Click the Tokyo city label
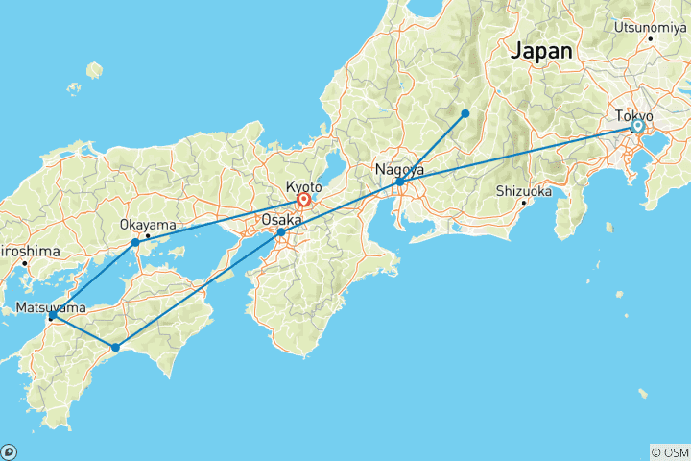tap(634, 115)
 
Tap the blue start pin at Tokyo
tap(637, 126)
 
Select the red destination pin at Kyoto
tap(303, 200)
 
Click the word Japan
tap(542, 51)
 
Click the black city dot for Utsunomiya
tap(650, 38)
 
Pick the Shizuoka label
tap(523, 190)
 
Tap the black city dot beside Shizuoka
tap(523, 203)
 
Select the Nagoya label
tap(399, 170)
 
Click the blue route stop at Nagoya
tap(399, 182)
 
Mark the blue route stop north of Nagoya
tap(465, 113)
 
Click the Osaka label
tap(281, 220)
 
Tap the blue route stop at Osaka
tap(280, 232)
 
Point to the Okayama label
tap(147, 224)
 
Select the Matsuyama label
tap(51, 308)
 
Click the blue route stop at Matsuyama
tap(52, 316)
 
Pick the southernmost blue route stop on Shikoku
tap(115, 348)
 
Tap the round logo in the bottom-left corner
tap(9, 451)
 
